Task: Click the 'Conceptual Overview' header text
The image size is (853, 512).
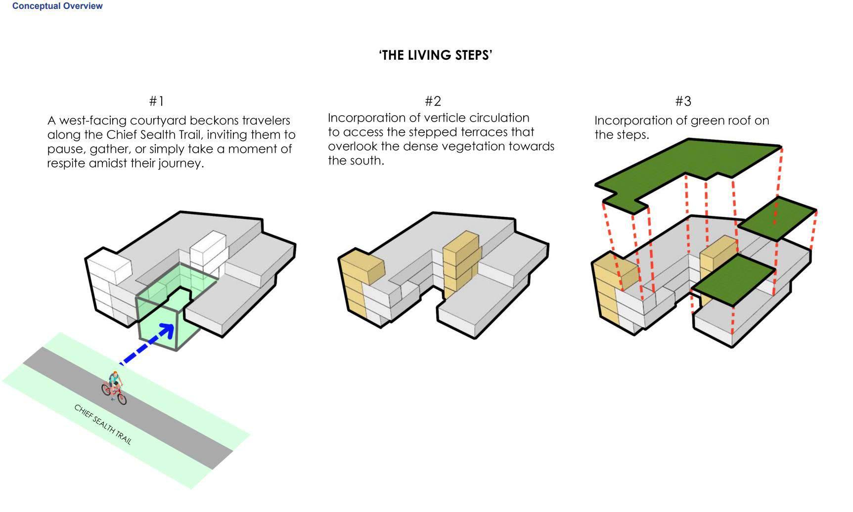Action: [x=57, y=6]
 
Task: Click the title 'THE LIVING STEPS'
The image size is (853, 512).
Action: [x=436, y=55]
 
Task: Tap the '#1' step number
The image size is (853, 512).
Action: [x=156, y=101]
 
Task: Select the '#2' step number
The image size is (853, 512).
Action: [x=433, y=101]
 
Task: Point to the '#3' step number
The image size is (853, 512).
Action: [x=683, y=101]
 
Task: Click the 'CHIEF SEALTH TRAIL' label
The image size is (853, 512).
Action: [x=103, y=424]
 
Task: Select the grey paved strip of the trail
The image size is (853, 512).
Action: [x=128, y=408]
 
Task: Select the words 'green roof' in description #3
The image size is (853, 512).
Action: [x=705, y=121]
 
